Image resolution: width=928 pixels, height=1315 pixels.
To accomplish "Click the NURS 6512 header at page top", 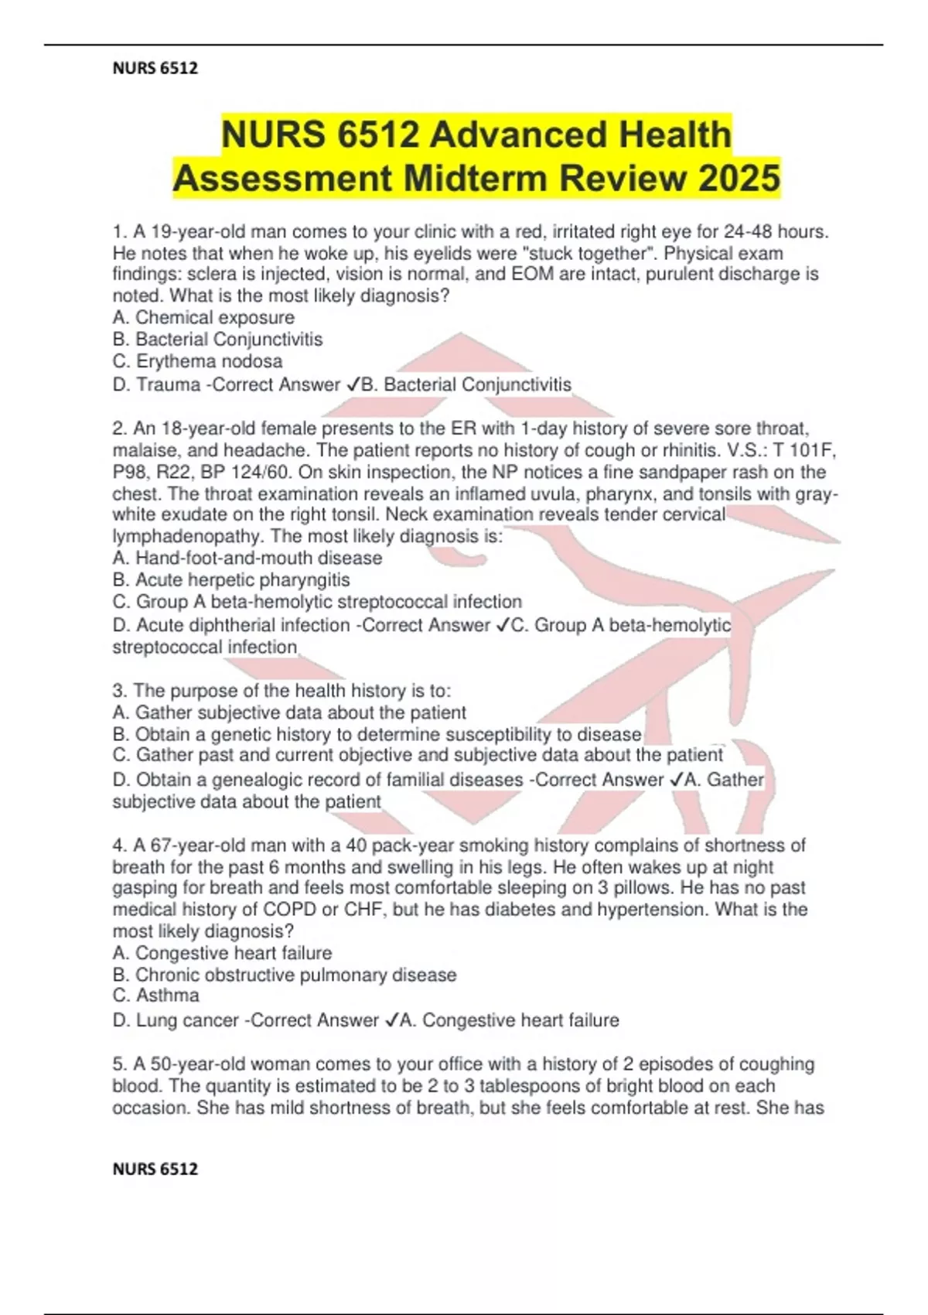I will coord(155,68).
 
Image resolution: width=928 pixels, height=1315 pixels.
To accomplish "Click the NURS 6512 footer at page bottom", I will coord(155,1169).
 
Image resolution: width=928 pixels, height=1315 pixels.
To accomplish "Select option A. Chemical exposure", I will coord(203,317).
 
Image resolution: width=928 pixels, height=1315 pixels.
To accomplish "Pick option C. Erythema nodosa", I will coord(197,361).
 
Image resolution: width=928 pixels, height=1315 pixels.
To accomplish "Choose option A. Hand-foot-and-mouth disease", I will coord(247,558).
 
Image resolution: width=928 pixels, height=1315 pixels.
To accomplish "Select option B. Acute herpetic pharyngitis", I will coord(231,579).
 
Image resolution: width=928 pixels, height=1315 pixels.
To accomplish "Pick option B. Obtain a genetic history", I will coord(377,734).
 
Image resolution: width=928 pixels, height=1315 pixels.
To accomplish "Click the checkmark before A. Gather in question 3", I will coord(676,780).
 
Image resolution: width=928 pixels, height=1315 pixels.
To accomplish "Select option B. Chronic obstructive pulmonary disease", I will coord(285,975).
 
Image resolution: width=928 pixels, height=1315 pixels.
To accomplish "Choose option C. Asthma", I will coord(156,996).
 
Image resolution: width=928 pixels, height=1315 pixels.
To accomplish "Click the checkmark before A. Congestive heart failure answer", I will coord(391,1020).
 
